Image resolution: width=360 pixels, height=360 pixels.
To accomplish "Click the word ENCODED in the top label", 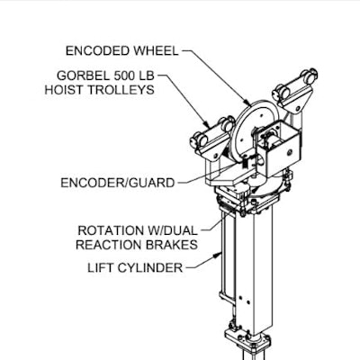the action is [98, 51].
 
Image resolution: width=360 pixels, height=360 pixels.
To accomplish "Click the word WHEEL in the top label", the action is [156, 51].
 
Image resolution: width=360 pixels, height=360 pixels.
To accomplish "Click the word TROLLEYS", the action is [121, 90].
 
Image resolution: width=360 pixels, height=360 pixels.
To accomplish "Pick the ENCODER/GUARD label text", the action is [118, 183].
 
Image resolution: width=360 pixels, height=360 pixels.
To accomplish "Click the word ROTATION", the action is [111, 230].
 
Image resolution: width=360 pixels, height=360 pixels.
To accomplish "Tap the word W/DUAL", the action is [172, 230].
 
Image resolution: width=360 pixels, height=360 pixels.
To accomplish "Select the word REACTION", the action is [109, 245].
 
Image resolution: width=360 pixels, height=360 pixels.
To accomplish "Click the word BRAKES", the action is [172, 245].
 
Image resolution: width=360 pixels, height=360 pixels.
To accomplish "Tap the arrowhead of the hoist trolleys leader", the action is [206, 123].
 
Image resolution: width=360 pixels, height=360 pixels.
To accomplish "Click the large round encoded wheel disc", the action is [241, 132].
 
